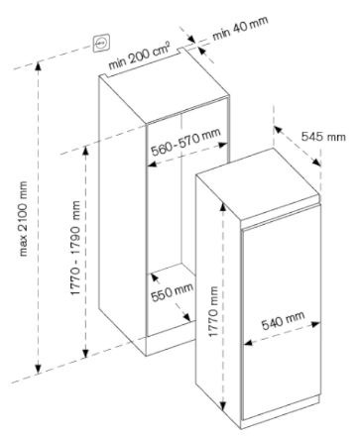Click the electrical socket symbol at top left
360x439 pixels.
pos(101,43)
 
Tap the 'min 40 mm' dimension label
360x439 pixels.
pos(240,28)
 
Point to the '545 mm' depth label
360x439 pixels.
pos(323,136)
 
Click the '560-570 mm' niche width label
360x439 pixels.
pos(185,142)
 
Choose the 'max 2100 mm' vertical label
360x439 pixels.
pos(23,218)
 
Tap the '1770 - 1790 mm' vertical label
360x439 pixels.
pos(75,248)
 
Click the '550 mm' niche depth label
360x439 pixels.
pos(172,291)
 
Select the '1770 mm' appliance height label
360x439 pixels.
pos(213,311)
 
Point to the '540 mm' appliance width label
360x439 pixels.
pos(283,320)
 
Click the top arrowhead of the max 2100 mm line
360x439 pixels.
pos(39,66)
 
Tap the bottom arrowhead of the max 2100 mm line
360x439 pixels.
pos(39,368)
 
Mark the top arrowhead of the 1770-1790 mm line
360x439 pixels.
pos(85,152)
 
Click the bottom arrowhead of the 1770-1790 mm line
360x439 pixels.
pos(85,353)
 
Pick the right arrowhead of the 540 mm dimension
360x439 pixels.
pos(315,324)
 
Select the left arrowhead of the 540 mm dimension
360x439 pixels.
pos(248,343)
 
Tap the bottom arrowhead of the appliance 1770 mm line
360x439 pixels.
pos(224,406)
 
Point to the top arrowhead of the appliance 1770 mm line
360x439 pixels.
pos(223,207)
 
